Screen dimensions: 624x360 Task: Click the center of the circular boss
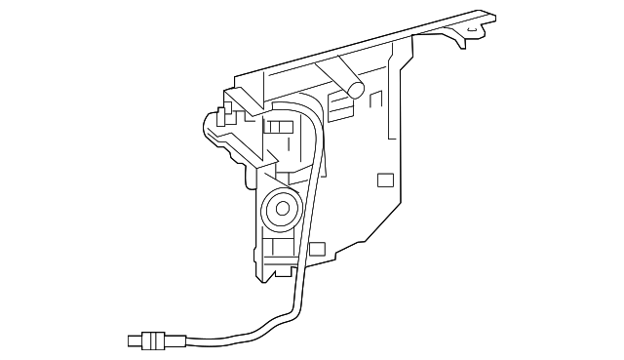[283, 207]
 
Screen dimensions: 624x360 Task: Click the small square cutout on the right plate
[385, 180]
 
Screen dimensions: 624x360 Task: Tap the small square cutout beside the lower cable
[316, 248]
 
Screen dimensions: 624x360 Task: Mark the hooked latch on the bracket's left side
[217, 128]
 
